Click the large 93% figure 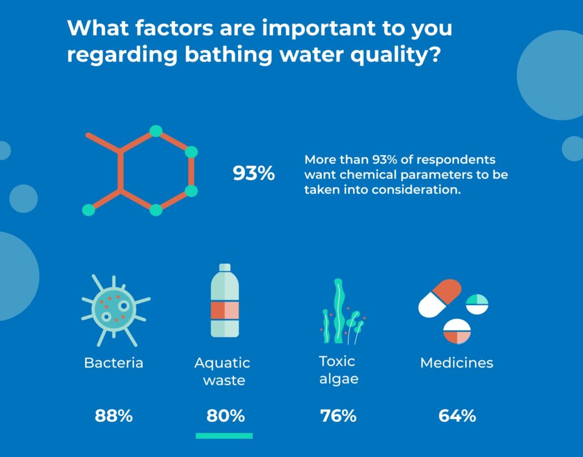tap(253, 174)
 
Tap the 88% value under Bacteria tap(114, 416)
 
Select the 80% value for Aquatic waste tap(225, 416)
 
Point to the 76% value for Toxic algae tap(338, 416)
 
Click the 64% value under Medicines tap(457, 416)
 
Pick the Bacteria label tap(114, 363)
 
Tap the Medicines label tap(457, 363)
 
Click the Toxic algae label tap(338, 370)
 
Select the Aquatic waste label tap(223, 371)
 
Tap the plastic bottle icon tap(225, 301)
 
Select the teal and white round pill tap(477, 304)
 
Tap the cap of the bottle tap(225, 267)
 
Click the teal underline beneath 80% tap(224, 436)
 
